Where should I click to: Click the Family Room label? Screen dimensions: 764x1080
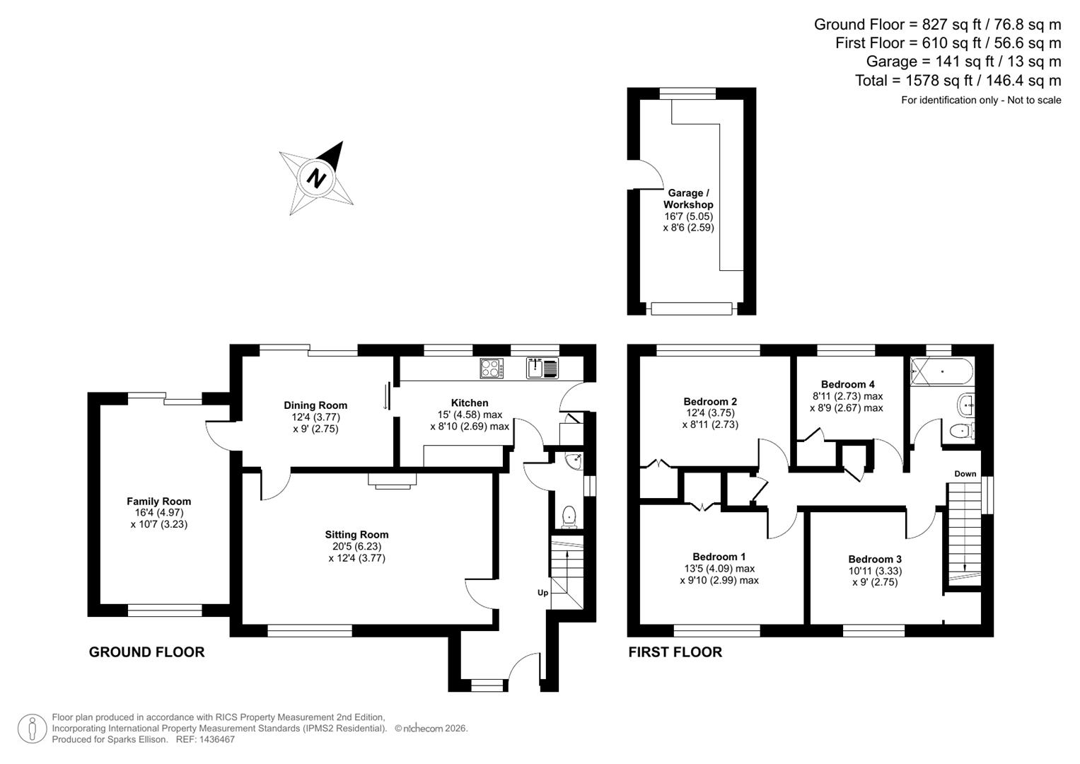pyautogui.click(x=159, y=502)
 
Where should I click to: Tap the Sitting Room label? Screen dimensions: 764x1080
pyautogui.click(x=356, y=535)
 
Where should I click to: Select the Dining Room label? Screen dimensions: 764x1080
pyautogui.click(x=315, y=405)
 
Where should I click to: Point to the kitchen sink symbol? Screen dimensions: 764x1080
pyautogui.click(x=542, y=368)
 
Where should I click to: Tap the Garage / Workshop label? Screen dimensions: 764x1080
pyautogui.click(x=688, y=199)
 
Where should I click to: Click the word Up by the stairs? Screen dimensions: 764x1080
pyautogui.click(x=542, y=593)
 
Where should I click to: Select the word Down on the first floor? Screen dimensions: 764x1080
pyautogui.click(x=965, y=474)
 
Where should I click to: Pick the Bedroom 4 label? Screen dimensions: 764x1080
pyautogui.click(x=847, y=385)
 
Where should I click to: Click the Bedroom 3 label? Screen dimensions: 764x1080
pyautogui.click(x=875, y=559)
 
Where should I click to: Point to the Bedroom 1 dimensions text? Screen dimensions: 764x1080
pyautogui.click(x=719, y=574)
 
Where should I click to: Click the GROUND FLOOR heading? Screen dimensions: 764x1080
pyautogui.click(x=146, y=652)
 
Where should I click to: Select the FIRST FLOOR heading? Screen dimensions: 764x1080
pyautogui.click(x=675, y=652)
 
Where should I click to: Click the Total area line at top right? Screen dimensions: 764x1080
pyautogui.click(x=958, y=81)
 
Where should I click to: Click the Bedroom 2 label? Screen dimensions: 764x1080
pyautogui.click(x=710, y=402)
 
